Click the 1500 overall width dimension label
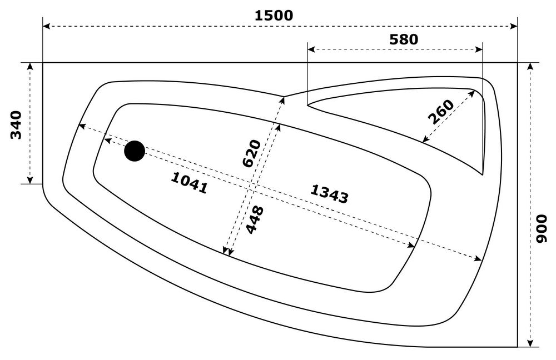pyautogui.click(x=274, y=15)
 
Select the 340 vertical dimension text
pyautogui.click(x=16, y=124)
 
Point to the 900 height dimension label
pyautogui.click(x=542, y=229)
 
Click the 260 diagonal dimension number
pyautogui.click(x=441, y=112)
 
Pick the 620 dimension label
pyautogui.click(x=252, y=153)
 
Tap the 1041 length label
pyautogui.click(x=190, y=183)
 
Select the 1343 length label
pyautogui.click(x=329, y=194)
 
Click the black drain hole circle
pyautogui.click(x=135, y=151)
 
